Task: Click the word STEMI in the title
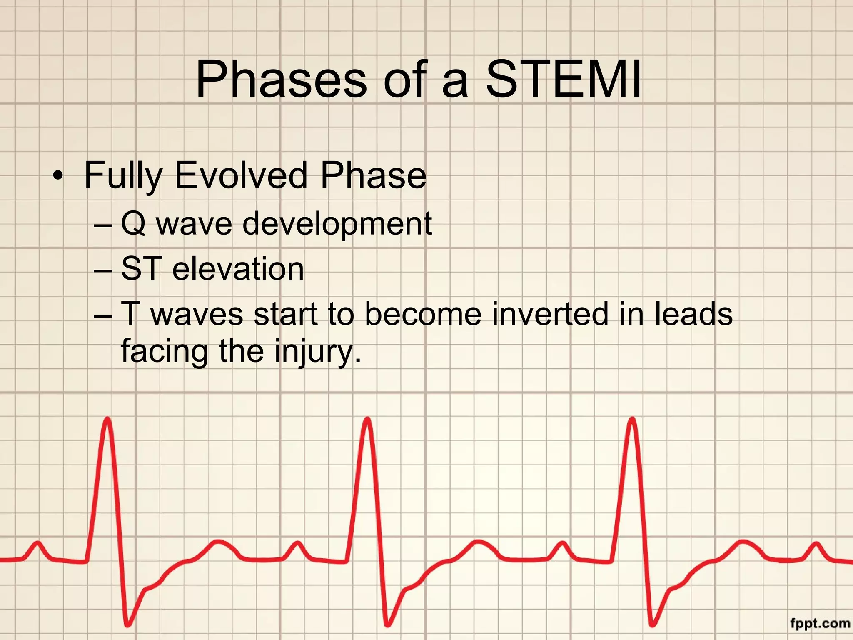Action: [564, 79]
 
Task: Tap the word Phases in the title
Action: [281, 79]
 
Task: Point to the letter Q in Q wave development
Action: [133, 224]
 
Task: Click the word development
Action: [337, 224]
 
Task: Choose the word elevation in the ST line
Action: [238, 269]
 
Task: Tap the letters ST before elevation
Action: [141, 269]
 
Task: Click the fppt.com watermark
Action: [820, 624]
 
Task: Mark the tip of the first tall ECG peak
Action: [107, 419]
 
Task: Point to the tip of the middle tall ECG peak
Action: [368, 419]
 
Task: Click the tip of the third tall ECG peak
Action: [632, 419]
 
